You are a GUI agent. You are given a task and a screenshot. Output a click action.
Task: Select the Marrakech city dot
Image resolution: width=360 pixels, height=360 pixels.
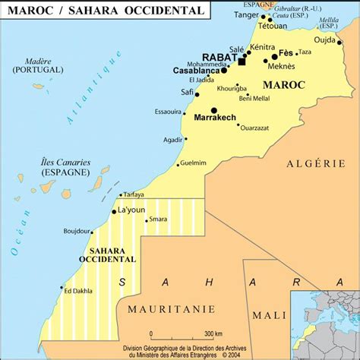[214, 110]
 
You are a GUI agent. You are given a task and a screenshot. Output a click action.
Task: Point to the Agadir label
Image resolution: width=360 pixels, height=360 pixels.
[173, 139]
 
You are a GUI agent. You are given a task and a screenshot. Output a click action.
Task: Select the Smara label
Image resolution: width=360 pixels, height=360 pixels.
[158, 219]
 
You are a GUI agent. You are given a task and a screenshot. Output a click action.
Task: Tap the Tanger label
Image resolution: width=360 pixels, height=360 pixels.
[245, 14]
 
